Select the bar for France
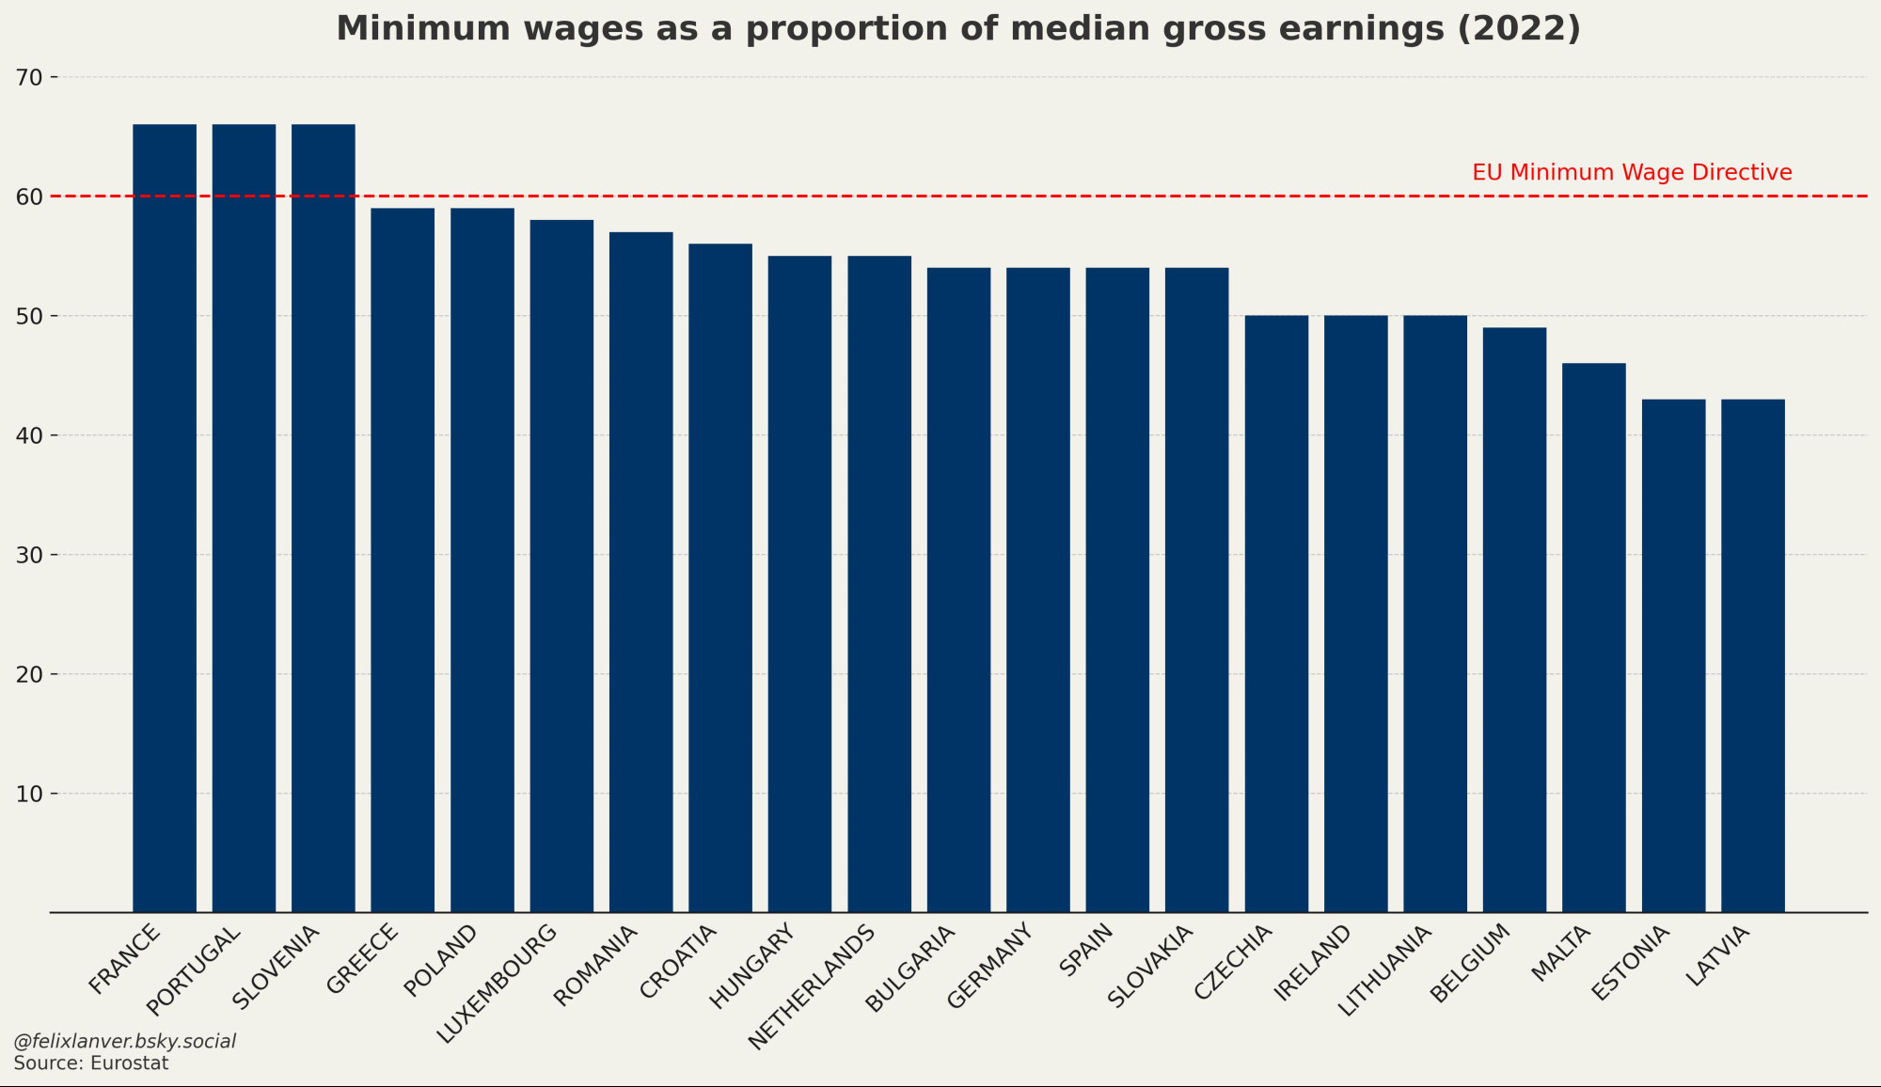(165, 517)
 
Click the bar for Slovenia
(324, 517)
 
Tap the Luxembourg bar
(561, 564)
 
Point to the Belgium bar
(1514, 620)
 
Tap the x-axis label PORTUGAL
(195, 970)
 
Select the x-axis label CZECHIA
(1233, 962)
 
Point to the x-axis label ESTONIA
(1630, 962)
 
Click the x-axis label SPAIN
(1086, 950)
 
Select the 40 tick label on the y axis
(29, 436)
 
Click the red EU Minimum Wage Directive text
(1632, 173)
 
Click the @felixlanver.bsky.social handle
(124, 1042)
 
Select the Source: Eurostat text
(91, 1063)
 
